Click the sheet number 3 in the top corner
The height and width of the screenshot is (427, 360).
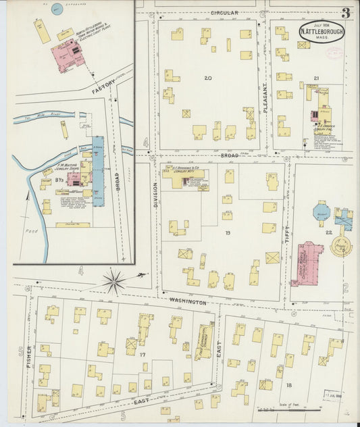tap(345, 13)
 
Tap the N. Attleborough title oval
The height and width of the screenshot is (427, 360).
tap(322, 31)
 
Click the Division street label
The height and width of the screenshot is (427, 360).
tap(155, 193)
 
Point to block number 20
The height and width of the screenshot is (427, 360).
tap(207, 78)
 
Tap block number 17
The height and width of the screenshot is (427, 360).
tap(143, 354)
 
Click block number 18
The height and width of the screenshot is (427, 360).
tap(289, 384)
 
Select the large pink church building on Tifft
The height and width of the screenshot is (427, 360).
tap(308, 262)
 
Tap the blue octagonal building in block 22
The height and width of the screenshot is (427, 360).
tap(321, 211)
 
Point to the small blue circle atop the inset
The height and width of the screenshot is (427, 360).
tap(55, 9)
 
